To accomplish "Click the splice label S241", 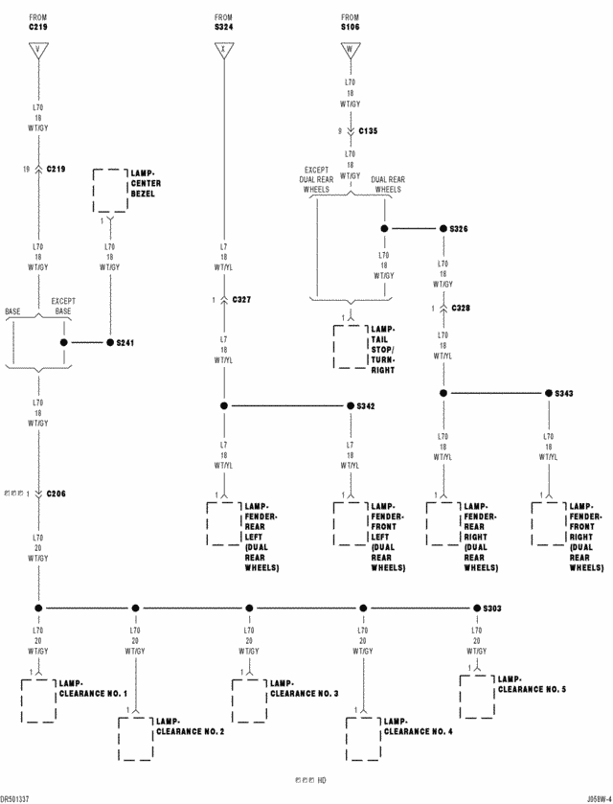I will [125, 342].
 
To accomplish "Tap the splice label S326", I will [458, 230].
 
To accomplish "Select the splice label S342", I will [366, 406].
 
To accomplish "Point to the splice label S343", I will [564, 394].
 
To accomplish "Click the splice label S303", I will [492, 608].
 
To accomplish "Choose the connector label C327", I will [241, 300].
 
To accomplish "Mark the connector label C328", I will [461, 309].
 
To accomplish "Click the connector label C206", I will [57, 494].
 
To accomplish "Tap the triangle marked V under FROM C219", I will [38, 50].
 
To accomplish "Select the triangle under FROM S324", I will [224, 50].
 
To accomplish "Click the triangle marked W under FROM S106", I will [352, 50].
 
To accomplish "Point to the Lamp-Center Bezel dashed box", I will [109, 192].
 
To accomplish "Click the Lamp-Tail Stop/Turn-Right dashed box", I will [349, 347].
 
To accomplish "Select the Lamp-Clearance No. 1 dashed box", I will [38, 701].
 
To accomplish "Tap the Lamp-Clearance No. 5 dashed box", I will [476, 697].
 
